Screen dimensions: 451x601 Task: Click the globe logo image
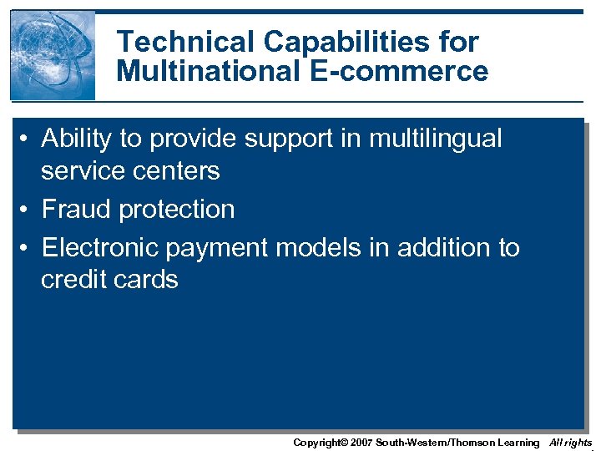53,55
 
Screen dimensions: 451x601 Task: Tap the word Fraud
77,209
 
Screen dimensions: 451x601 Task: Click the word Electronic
100,247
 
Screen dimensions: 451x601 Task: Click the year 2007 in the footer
360,443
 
